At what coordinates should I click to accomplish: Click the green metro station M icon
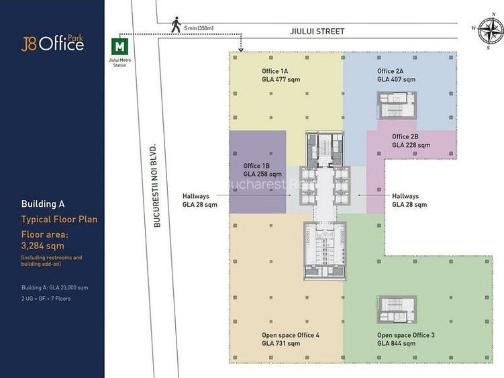[x=120, y=47]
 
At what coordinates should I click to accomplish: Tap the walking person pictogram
[x=176, y=25]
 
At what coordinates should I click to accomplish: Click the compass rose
[x=490, y=31]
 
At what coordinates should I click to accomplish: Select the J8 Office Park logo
[x=52, y=43]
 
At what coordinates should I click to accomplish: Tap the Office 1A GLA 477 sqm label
[x=281, y=75]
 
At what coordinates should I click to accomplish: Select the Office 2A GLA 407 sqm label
[x=396, y=75]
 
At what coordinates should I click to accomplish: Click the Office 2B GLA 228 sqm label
[x=411, y=140]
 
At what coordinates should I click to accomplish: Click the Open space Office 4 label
[x=290, y=339]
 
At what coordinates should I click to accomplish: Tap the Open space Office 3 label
[x=405, y=339]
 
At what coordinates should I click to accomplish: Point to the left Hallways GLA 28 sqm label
[x=200, y=200]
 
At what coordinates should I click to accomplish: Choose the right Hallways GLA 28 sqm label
[x=409, y=200]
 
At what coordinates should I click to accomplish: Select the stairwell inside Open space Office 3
[x=398, y=310]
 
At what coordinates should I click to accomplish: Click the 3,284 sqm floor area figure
[x=43, y=246]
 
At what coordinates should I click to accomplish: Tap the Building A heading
[x=43, y=203]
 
